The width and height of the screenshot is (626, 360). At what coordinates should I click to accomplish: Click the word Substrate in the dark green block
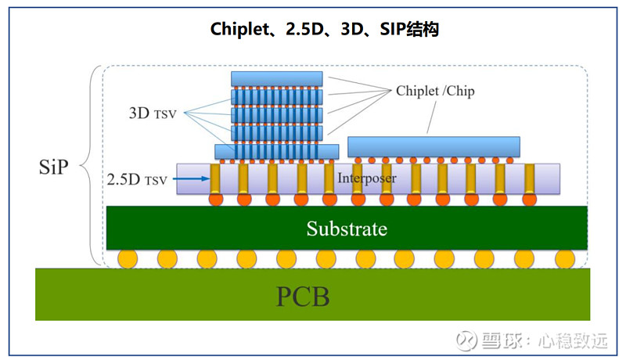point(347,229)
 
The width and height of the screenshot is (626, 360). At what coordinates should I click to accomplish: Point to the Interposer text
point(365,178)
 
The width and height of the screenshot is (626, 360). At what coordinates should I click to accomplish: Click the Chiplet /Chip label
point(436,92)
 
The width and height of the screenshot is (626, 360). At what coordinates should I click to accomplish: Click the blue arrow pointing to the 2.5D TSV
point(192,179)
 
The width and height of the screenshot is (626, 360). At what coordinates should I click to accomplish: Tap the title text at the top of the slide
point(313,29)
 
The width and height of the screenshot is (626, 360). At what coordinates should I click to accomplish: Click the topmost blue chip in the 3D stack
point(277,78)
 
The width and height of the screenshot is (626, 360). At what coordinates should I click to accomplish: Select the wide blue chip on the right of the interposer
point(434,146)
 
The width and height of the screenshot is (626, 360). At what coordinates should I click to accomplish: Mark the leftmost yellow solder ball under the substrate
point(128,258)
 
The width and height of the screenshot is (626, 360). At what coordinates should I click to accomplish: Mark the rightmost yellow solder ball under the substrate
point(564,258)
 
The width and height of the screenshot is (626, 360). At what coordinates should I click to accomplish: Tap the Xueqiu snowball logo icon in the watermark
point(467,340)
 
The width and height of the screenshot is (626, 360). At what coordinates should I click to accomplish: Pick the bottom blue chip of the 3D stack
point(277,150)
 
